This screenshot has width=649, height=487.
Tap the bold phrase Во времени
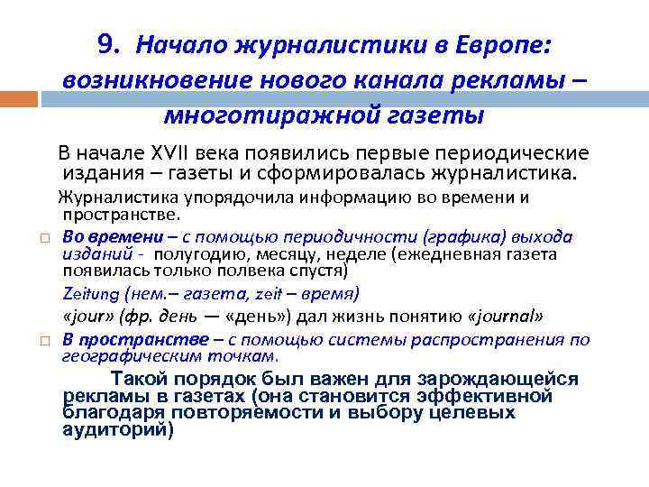(x=114, y=236)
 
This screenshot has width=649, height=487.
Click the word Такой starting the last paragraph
(x=140, y=380)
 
